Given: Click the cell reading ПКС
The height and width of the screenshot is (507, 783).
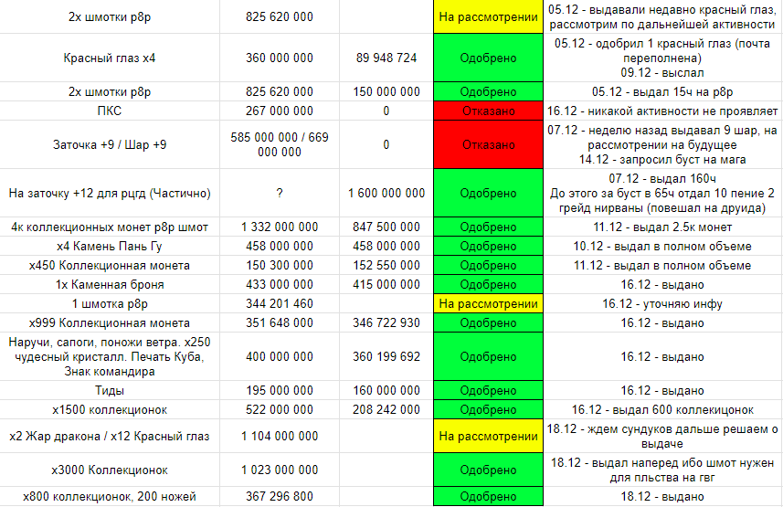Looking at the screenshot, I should (x=110, y=111).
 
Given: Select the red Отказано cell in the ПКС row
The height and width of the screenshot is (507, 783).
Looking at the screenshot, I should (x=488, y=111).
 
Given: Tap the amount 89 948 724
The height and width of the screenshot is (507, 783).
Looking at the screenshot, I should (x=386, y=58).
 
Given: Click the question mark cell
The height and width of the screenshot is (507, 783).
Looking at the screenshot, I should (x=280, y=193).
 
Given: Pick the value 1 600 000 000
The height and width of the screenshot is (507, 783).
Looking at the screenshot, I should (x=386, y=193).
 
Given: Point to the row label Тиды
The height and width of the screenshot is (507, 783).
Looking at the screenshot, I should (x=110, y=390).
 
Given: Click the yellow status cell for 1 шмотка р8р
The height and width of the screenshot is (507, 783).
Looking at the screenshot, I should (x=488, y=303).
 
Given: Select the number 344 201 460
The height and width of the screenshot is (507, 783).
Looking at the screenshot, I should (x=280, y=303).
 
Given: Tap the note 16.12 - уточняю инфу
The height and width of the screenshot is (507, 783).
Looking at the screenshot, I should (x=661, y=303).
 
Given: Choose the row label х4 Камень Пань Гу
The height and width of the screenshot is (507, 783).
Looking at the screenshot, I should (x=110, y=246).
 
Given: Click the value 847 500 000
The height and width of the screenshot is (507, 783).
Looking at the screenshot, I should (x=386, y=227).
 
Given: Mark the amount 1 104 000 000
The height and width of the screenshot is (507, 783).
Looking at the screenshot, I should (x=280, y=437).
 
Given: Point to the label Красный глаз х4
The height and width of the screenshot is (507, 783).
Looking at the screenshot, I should (x=110, y=58).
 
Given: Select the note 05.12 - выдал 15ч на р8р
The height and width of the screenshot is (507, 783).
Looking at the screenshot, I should (x=661, y=91).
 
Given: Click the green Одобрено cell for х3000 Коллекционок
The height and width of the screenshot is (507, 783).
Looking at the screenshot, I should (x=488, y=470).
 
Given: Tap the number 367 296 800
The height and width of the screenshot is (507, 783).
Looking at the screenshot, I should (x=280, y=496).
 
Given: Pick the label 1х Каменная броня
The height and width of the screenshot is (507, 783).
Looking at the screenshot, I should (x=110, y=284).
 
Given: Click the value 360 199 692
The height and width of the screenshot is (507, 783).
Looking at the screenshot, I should (x=386, y=356).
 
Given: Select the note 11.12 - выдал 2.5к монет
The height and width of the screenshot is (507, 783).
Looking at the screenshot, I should (x=661, y=227).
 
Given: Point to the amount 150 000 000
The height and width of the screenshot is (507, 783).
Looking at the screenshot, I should (x=386, y=91).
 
